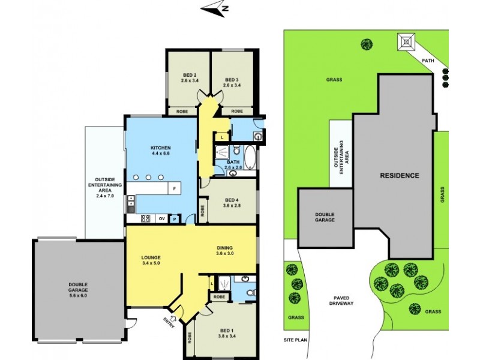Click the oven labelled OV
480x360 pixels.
click(x=161, y=219)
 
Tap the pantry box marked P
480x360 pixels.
click(x=175, y=219)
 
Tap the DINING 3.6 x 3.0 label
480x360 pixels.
click(x=225, y=251)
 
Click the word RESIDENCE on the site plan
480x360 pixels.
click(x=399, y=176)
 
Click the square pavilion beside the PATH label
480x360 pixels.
click(x=407, y=43)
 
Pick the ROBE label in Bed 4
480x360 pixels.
click(x=203, y=211)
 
